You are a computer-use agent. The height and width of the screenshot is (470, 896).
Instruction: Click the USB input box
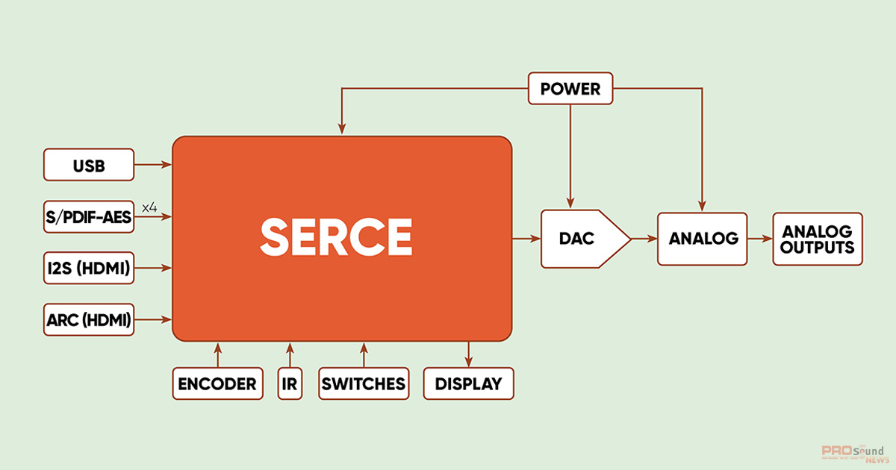tap(89, 165)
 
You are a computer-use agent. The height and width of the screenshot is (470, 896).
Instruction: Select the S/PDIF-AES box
tap(89, 217)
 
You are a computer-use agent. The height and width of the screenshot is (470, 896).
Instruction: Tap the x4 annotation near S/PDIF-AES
tap(149, 207)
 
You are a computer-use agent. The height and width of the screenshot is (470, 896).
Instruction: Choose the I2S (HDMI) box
tap(89, 268)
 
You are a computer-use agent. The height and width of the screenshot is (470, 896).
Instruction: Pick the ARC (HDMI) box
tap(89, 320)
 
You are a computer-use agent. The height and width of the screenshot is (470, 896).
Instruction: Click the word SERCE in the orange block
tap(336, 236)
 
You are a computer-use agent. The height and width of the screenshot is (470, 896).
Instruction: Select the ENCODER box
tap(217, 383)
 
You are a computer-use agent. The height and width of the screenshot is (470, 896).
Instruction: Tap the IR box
tap(290, 383)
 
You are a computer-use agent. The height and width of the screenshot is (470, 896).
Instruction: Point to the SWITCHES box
tap(364, 383)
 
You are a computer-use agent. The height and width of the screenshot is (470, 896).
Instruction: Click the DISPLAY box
tap(468, 383)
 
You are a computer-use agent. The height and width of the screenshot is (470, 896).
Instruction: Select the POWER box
tap(570, 89)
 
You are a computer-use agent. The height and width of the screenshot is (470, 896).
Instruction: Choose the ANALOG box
tap(702, 239)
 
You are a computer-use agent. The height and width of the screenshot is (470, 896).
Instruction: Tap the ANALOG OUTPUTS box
tap(818, 239)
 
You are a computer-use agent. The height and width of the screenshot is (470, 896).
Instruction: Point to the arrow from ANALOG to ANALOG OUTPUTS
tap(759, 239)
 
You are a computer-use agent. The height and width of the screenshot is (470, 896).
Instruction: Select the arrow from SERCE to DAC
tap(526, 239)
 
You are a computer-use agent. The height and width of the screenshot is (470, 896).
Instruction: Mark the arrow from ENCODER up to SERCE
tap(217, 354)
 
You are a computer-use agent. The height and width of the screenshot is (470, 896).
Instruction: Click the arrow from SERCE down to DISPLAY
tap(468, 354)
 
